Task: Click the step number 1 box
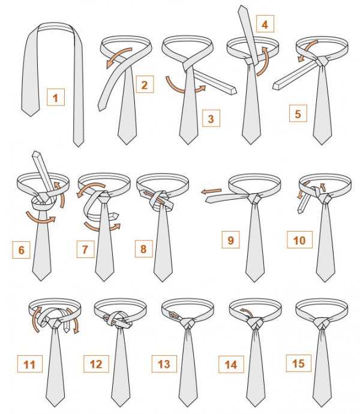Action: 56,97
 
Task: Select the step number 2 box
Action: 145,84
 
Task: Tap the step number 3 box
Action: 211,118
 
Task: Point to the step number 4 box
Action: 265,24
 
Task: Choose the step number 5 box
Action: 298,113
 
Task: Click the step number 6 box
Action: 22,250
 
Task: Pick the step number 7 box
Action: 85,249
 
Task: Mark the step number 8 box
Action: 143,248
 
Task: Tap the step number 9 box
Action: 230,240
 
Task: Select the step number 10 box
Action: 300,240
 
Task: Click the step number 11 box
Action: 30,364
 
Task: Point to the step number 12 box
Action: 96,364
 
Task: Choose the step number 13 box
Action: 164,364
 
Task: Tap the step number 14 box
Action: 231,364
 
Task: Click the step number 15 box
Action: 299,364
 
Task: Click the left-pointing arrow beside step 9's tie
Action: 211,191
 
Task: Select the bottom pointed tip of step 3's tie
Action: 188,144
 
